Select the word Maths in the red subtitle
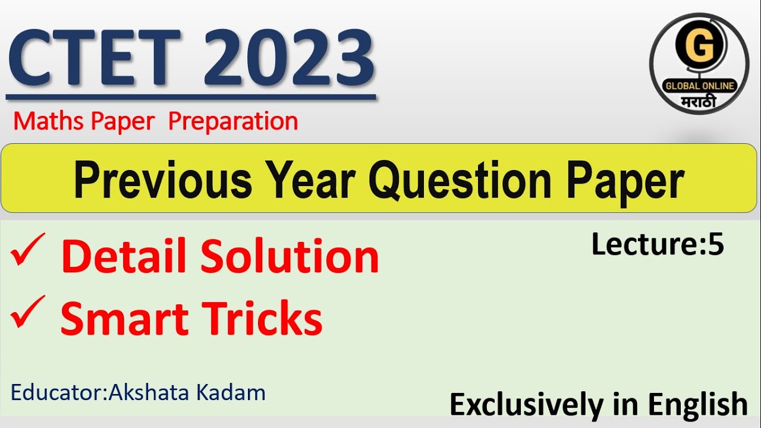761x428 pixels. point(50,121)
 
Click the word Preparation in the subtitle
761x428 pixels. point(233,121)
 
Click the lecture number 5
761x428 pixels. point(716,244)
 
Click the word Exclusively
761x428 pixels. point(526,405)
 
